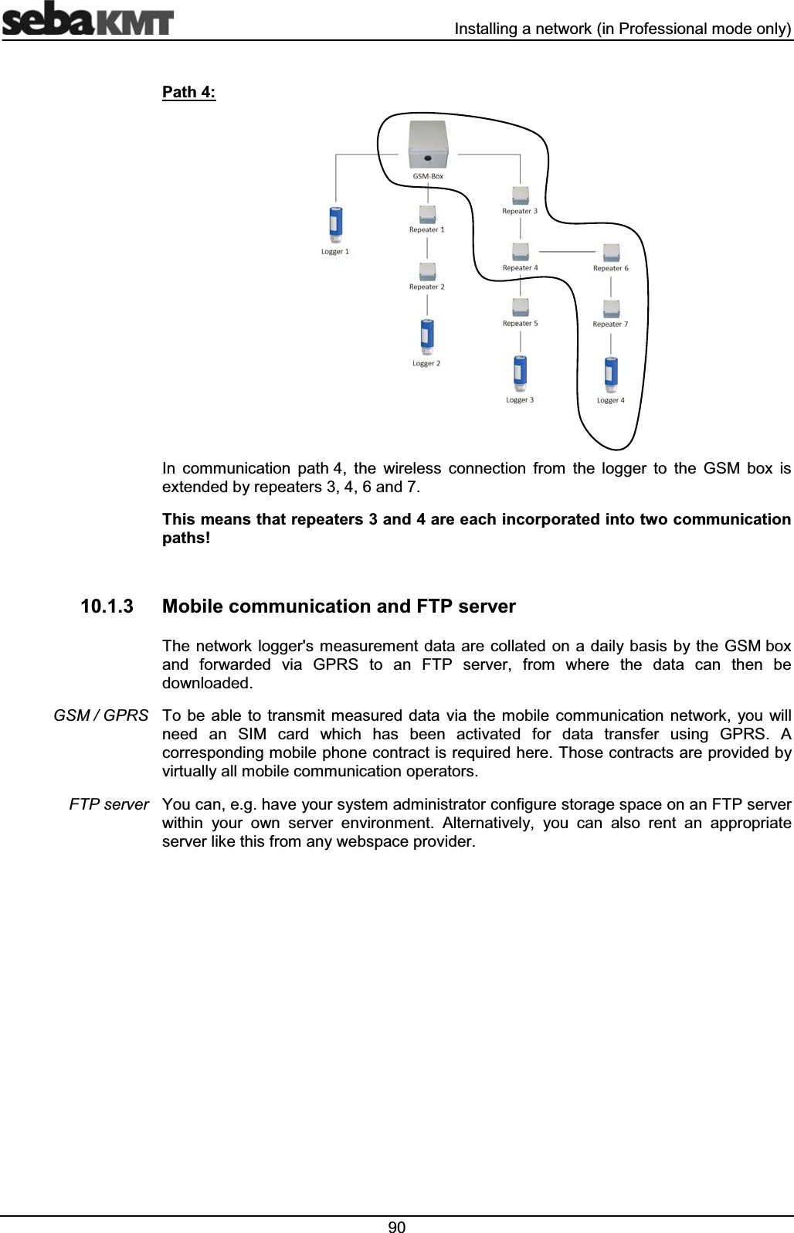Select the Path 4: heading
coord(188,93)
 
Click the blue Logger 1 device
coord(336,225)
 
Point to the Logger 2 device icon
coord(426,338)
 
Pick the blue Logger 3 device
coord(520,374)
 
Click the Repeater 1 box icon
coord(427,213)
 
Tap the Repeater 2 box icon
coord(427,271)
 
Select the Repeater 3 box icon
coord(521,194)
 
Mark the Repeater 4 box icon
coord(521,252)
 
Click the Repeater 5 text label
coord(521,324)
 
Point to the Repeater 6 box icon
coord(611,253)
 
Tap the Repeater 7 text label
coord(610,324)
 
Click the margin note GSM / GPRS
coord(101,715)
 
